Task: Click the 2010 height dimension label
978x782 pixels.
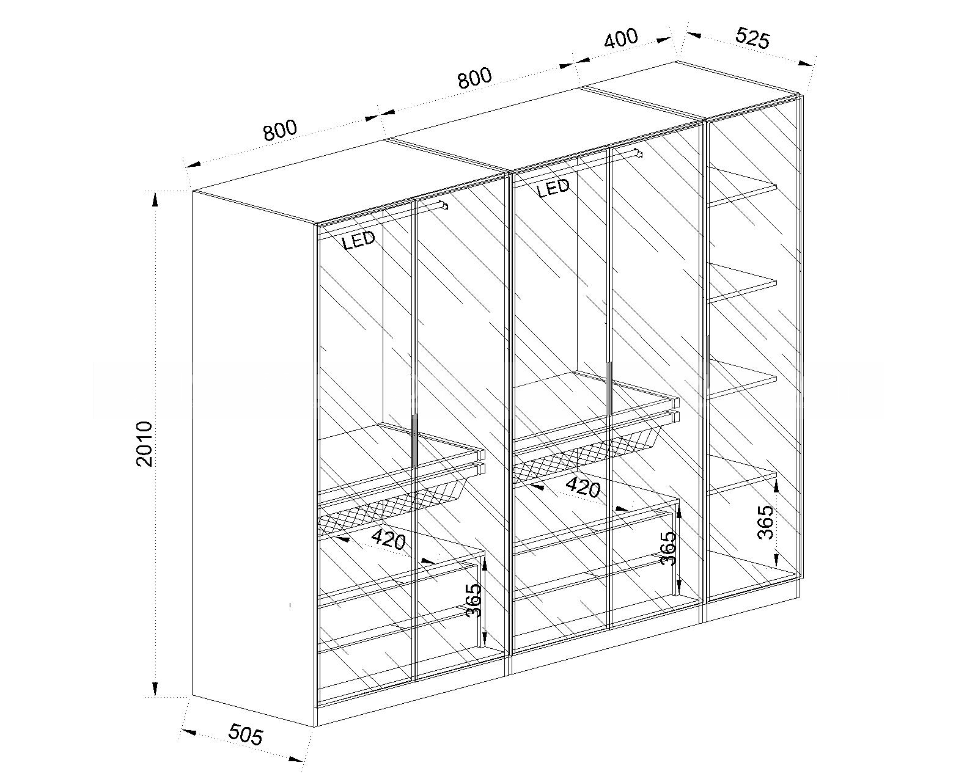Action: [144, 444]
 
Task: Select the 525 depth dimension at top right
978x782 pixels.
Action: [753, 37]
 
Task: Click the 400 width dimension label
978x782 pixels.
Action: [621, 38]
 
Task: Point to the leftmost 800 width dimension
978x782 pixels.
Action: [281, 130]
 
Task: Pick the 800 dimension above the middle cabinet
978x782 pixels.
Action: [474, 78]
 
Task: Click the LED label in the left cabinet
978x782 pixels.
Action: [359, 240]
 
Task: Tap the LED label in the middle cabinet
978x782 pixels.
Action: [553, 187]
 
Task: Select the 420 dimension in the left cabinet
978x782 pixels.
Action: [389, 540]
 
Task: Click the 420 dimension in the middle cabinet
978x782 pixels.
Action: [583, 488]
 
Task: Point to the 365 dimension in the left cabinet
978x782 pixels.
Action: [474, 600]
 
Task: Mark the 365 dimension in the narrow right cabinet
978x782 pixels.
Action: [765, 522]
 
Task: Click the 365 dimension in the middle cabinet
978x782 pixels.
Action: [668, 548]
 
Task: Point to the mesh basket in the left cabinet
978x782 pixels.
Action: [391, 506]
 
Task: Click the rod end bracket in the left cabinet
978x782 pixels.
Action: [444, 206]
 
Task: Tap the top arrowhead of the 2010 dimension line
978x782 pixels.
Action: [155, 200]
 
